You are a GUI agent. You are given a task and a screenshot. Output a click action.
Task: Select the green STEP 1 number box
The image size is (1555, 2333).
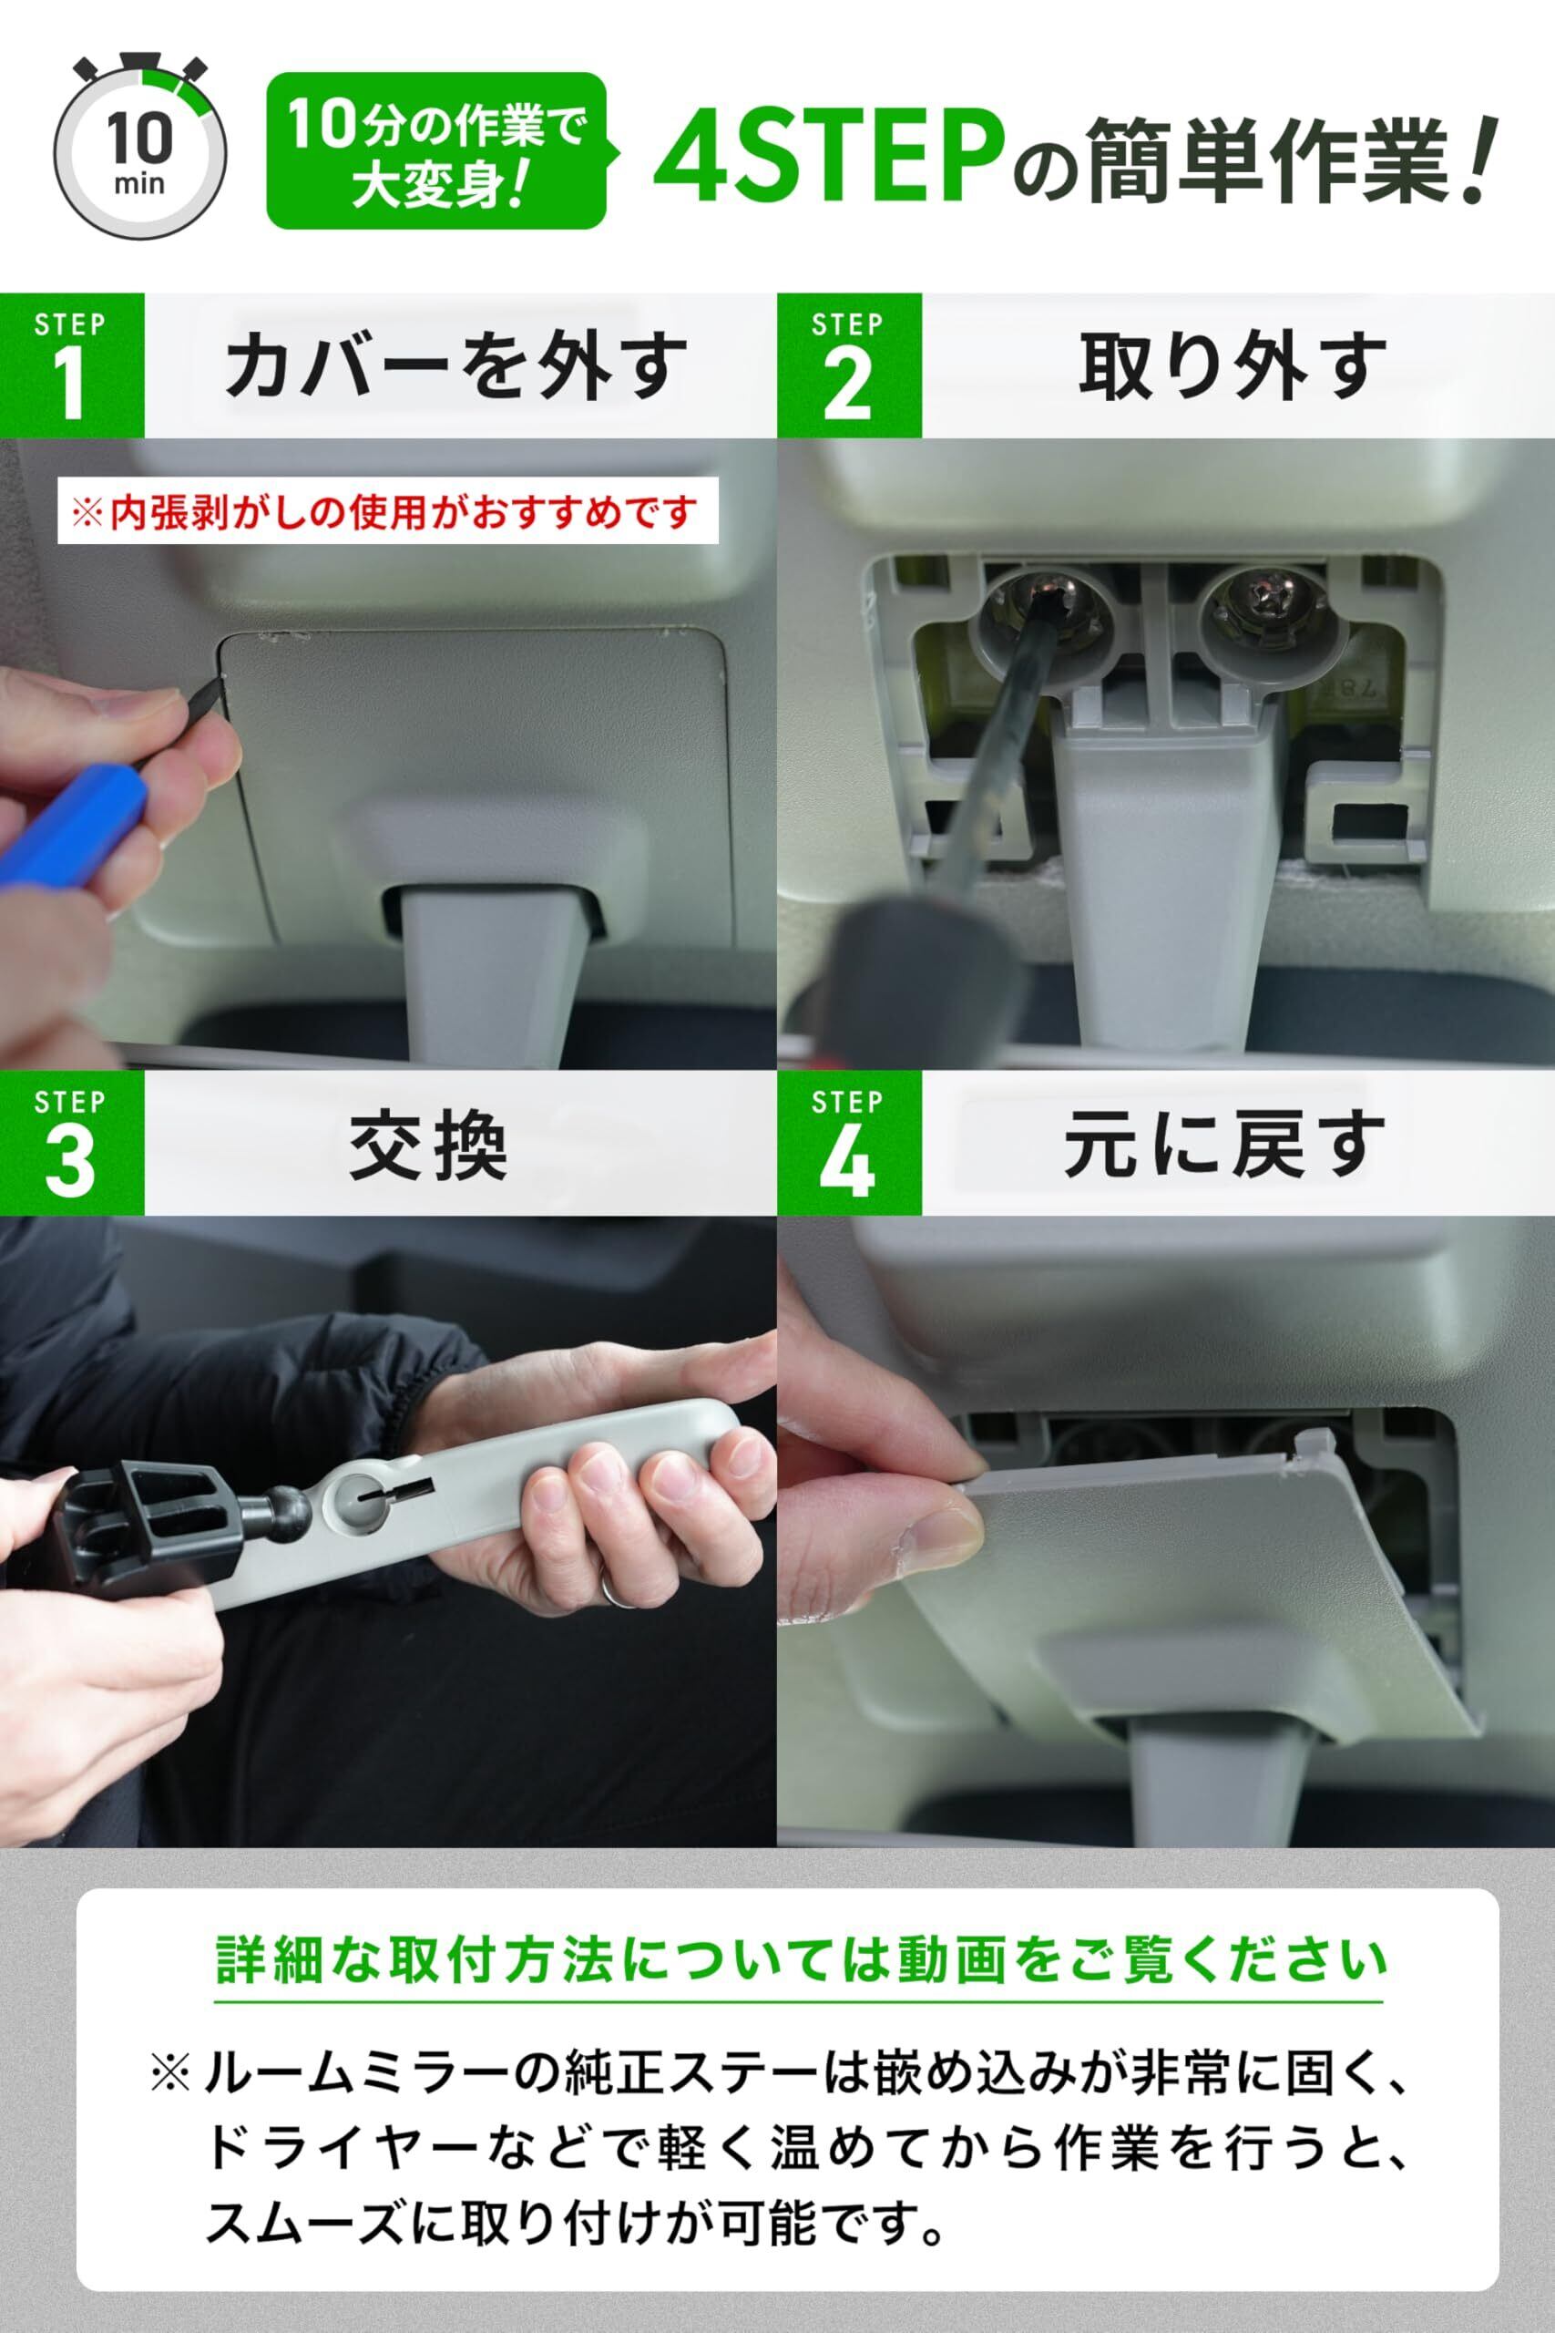(71, 366)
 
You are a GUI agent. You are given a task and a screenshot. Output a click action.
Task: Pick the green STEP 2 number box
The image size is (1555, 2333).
(849, 366)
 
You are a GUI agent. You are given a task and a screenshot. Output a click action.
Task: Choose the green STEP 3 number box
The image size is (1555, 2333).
(71, 1144)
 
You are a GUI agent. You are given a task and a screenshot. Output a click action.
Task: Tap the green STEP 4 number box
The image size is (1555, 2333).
(849, 1144)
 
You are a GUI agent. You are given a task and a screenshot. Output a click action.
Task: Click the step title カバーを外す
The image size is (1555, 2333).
(456, 366)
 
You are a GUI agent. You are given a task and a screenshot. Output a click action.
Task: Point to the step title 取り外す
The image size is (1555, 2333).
(1233, 366)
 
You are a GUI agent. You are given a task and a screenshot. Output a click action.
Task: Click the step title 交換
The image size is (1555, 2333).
(428, 1145)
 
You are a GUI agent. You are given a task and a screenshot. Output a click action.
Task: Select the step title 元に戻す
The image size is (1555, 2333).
(1224, 1145)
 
